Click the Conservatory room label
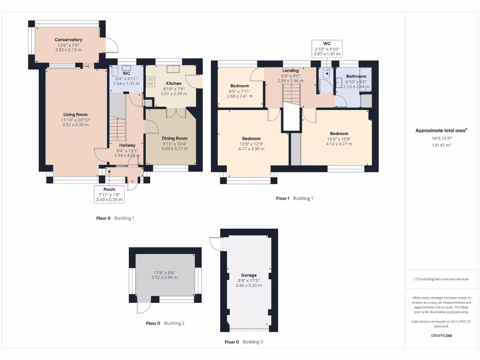[68, 40]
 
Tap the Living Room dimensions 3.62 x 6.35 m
[75, 125]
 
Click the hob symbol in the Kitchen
[151, 82]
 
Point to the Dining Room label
[174, 138]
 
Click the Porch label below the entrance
[109, 189]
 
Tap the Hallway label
[127, 145]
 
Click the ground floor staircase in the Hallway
[118, 128]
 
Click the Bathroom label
[356, 76]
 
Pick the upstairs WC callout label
[327, 44]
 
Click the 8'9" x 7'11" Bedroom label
[239, 86]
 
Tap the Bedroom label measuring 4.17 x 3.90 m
[251, 139]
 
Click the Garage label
[248, 275]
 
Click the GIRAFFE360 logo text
[442, 336]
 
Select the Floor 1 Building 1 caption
[294, 198]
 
